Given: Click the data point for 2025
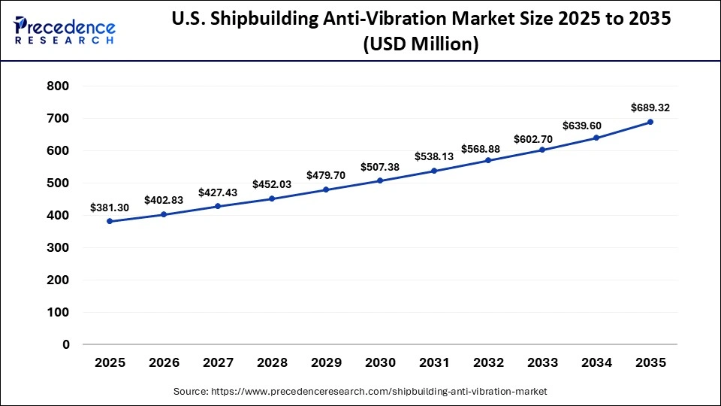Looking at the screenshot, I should pyautogui.click(x=110, y=221).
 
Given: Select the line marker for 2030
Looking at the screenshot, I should pyautogui.click(x=380, y=180).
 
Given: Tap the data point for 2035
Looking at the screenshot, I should pyautogui.click(x=650, y=122).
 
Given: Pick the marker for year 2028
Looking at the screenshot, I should pyautogui.click(x=272, y=198).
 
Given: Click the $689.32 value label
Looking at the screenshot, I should pyautogui.click(x=650, y=108).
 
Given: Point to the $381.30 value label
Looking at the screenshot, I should pyautogui.click(x=110, y=208).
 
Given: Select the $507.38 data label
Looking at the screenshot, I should pyautogui.click(x=380, y=167).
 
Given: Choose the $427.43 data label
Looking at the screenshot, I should pyautogui.click(x=218, y=192).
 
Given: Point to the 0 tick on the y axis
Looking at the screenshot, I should pyautogui.click(x=65, y=344).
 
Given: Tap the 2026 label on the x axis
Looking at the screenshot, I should pyautogui.click(x=164, y=362).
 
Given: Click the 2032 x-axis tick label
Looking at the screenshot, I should pyautogui.click(x=488, y=362).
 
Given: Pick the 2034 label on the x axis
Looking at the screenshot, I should pyautogui.click(x=596, y=362).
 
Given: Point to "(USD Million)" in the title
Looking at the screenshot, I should pyautogui.click(x=421, y=45).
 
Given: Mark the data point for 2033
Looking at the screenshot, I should pyautogui.click(x=542, y=150).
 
